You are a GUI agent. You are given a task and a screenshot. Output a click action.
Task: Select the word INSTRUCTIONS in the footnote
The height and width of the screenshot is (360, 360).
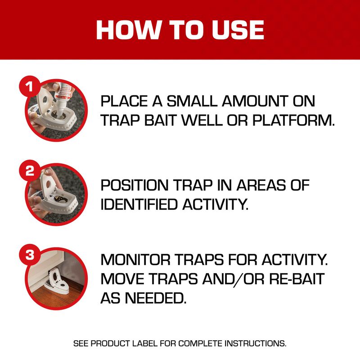coord(253,343)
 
